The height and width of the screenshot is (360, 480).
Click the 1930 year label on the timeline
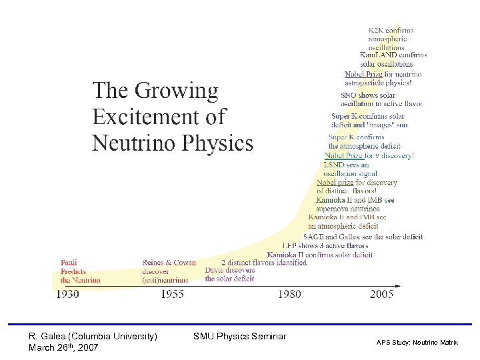67,294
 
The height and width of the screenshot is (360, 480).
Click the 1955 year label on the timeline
173,294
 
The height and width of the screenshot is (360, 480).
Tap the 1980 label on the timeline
289,294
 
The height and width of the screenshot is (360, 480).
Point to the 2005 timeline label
382,294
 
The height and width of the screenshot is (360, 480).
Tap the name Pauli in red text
69,263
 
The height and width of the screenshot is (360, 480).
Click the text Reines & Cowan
169,263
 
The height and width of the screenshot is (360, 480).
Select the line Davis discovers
229,270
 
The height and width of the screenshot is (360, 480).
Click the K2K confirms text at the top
391,30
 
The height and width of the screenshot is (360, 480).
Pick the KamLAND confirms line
393,55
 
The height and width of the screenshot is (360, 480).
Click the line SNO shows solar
368,95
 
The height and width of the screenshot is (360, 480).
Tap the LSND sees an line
346,165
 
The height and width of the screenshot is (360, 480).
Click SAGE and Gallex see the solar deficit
363,237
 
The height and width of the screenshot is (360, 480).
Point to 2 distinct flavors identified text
263,263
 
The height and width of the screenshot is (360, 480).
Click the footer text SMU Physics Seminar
239,336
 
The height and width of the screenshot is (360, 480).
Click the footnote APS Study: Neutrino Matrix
417,342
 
